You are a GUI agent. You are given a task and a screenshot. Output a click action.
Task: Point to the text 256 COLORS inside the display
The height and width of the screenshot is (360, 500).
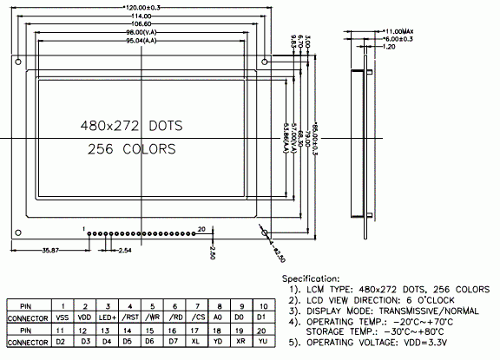click(x=131, y=150)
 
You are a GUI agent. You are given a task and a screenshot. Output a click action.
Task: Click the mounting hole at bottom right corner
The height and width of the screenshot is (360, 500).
click(x=265, y=232)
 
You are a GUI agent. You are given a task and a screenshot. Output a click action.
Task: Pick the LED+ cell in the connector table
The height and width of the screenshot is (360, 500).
click(x=108, y=318)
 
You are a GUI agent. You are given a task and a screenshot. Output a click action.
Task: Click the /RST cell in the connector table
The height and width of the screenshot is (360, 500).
click(x=130, y=318)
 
